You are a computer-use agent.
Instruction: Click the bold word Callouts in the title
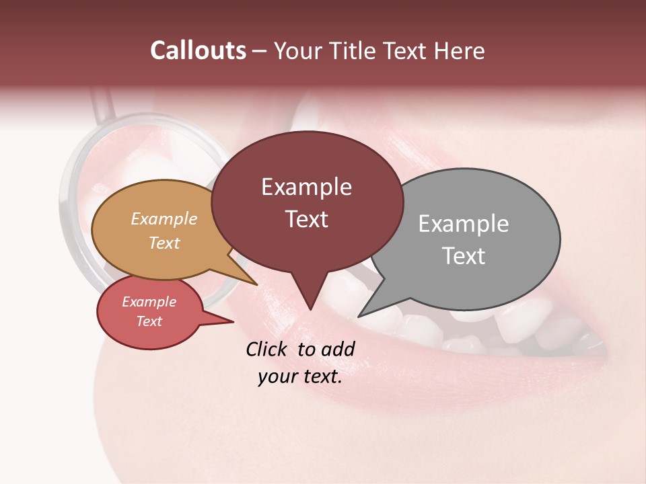198,50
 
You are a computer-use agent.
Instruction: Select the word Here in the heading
459,50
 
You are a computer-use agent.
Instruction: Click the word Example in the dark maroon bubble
306,187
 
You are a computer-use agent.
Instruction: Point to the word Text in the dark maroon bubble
306,219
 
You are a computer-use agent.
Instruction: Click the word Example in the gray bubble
463,224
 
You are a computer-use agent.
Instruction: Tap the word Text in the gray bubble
463,256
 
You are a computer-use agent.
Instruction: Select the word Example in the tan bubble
164,219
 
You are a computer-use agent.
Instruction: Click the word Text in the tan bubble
164,243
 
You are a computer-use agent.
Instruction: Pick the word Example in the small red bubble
149,302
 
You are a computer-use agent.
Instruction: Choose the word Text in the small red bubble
149,321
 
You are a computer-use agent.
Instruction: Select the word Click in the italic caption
267,349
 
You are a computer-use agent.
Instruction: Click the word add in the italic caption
337,349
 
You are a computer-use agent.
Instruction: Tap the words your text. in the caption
300,377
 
